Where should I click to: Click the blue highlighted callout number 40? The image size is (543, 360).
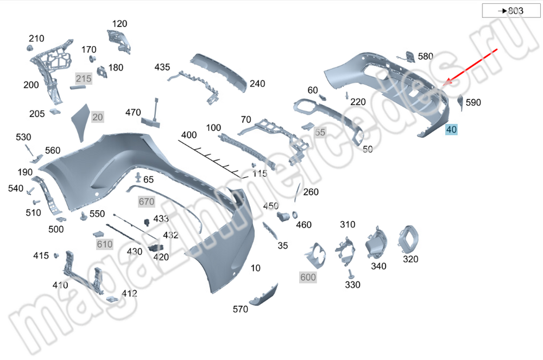click(x=451, y=130)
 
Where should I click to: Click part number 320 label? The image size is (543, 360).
click(x=411, y=260)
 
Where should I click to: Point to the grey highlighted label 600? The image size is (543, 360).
click(x=308, y=277)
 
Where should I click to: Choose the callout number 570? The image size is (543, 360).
click(x=240, y=310)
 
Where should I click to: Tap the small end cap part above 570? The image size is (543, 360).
click(x=264, y=294)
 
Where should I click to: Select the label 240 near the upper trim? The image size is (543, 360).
click(x=257, y=84)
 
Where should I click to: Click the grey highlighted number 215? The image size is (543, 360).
click(x=84, y=79)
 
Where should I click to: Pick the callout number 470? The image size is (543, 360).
click(x=133, y=113)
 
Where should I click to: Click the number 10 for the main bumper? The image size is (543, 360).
click(x=256, y=268)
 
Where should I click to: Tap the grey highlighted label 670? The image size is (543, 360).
click(x=147, y=202)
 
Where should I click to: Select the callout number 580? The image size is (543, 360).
click(x=426, y=56)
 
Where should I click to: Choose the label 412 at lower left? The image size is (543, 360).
click(x=129, y=294)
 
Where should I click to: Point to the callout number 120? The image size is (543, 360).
click(x=119, y=24)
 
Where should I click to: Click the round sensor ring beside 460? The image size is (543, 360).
click(x=295, y=214)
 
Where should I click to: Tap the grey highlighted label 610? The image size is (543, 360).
click(x=104, y=244)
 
